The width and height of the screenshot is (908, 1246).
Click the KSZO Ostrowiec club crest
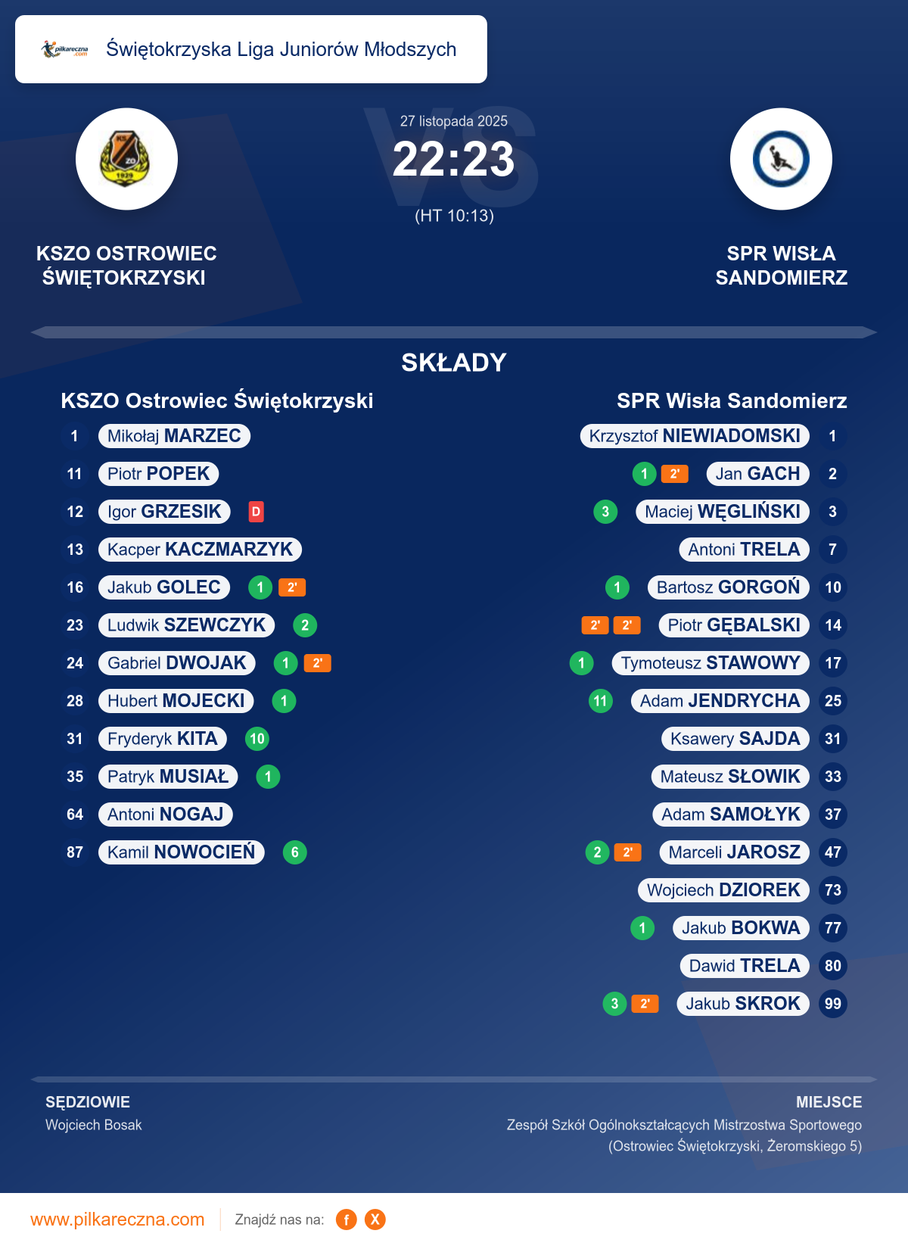point(126,159)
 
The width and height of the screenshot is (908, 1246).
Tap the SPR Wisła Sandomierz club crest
point(781,159)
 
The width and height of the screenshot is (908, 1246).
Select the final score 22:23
point(453,160)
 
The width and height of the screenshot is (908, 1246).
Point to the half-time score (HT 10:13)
point(454,216)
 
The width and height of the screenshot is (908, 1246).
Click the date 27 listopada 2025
point(454,121)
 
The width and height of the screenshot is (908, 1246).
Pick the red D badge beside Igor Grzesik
point(257,512)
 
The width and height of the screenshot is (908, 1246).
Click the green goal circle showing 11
point(601,701)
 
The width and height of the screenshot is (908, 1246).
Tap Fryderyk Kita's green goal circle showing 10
point(257,739)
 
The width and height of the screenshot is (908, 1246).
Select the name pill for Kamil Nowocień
point(182,852)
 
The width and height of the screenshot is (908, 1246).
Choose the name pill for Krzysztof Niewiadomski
point(695,436)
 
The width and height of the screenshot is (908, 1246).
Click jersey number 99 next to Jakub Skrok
point(833,1004)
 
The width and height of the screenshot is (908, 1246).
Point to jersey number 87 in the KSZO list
point(75,852)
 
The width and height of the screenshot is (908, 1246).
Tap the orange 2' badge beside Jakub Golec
point(292,587)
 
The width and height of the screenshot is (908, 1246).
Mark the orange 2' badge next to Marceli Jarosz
point(627,852)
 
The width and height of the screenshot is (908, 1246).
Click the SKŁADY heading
point(454,363)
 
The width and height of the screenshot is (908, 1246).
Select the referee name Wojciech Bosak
point(94,1125)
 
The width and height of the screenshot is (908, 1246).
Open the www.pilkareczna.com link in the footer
point(117,1220)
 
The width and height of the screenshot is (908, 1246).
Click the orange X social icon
point(375,1220)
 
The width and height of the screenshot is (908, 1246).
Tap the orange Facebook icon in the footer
point(347,1220)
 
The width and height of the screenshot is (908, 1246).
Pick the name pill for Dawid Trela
point(745,966)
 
